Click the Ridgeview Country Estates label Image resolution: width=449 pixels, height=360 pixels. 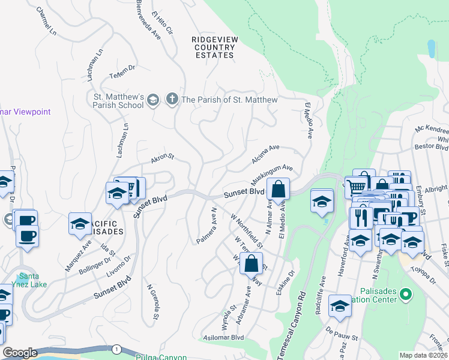pos(213,47)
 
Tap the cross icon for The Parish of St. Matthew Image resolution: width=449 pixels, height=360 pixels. pos(172,99)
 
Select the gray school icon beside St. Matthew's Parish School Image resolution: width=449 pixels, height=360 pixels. pos(153,100)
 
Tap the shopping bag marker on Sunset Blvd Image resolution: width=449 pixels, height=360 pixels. pos(279,190)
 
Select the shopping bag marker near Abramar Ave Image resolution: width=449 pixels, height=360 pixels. pos(251,263)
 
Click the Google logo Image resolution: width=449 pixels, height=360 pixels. pos(20,352)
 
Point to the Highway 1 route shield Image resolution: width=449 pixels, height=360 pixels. pos(116,349)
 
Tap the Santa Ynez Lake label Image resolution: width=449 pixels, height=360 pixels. pos(25,280)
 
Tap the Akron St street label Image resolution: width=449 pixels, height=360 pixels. pos(161,158)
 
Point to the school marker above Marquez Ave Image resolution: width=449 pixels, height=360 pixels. pos(80,224)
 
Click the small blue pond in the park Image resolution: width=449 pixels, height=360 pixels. pos(430,49)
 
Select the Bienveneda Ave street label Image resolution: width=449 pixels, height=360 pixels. pos(148,19)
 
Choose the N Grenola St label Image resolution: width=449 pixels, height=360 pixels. pos(152,301)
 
